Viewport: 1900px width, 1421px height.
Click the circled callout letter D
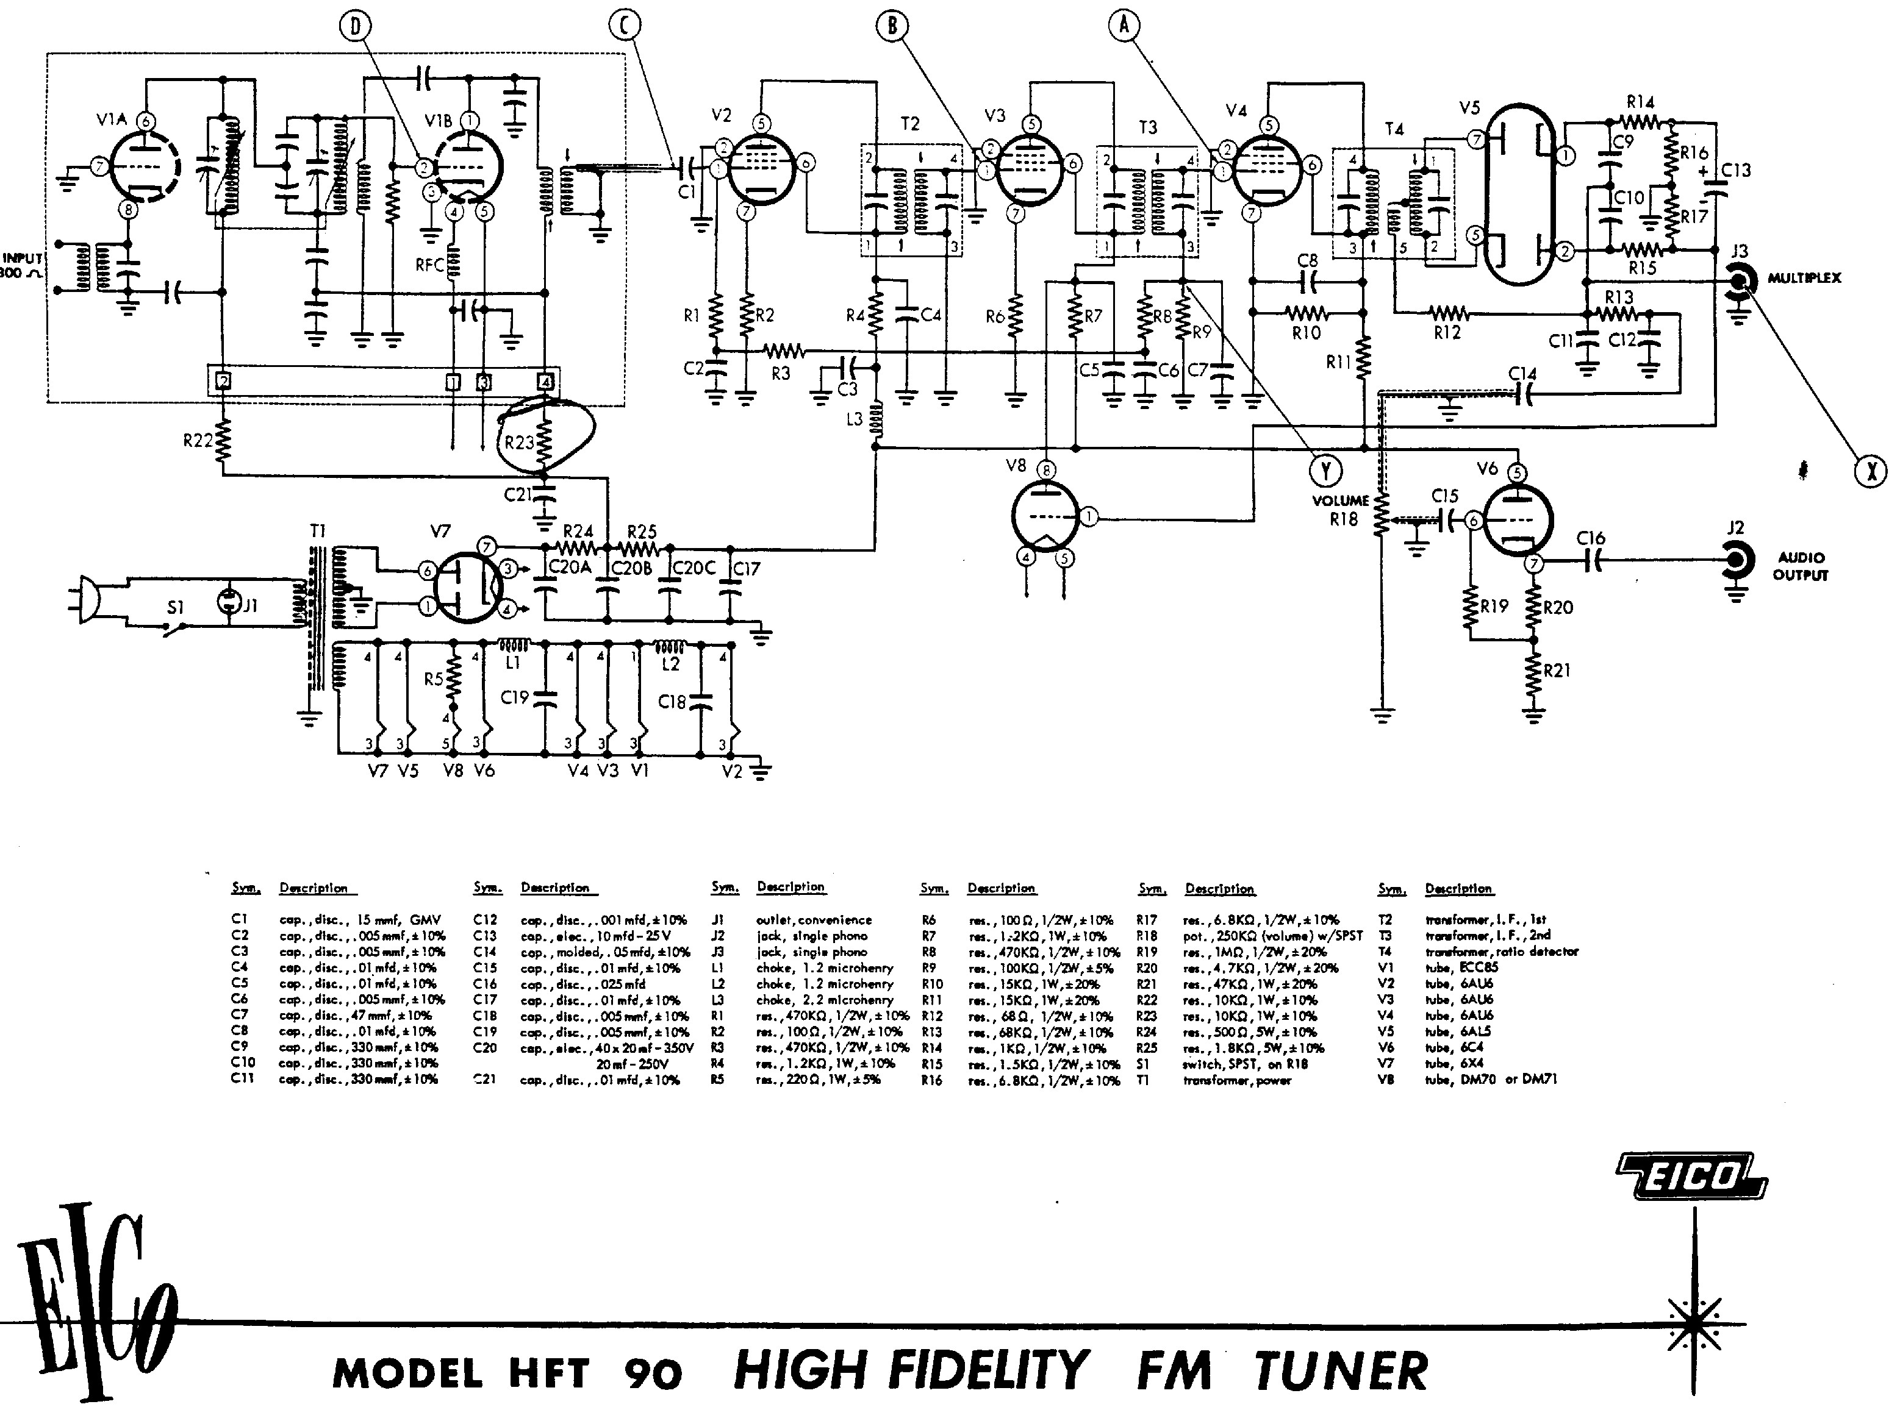tap(355, 27)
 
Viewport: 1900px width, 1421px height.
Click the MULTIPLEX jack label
tap(1804, 278)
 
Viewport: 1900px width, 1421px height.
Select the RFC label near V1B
tap(429, 265)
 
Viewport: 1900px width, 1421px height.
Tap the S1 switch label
tap(175, 607)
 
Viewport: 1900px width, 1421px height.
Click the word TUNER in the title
tap(1341, 1371)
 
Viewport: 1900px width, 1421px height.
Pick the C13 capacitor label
tap(1735, 170)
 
